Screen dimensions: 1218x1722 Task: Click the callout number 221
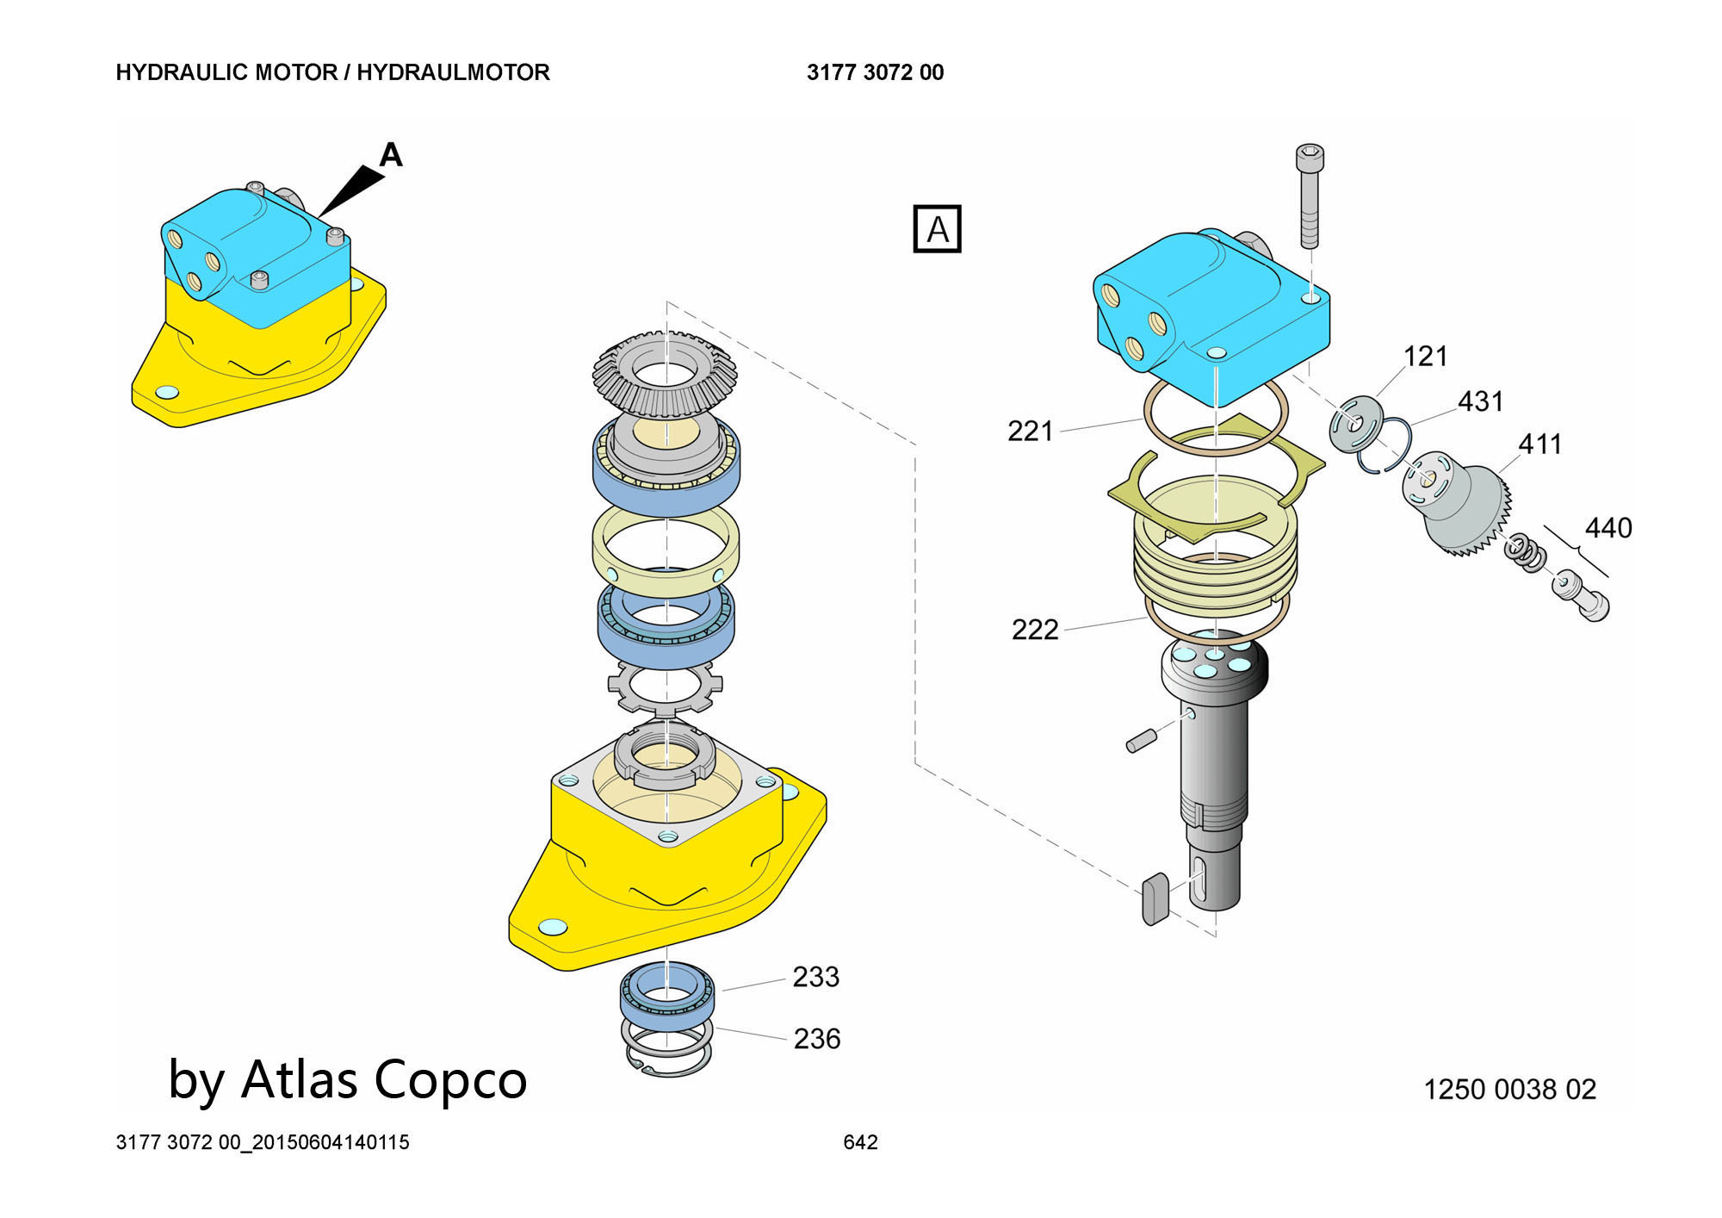click(1030, 431)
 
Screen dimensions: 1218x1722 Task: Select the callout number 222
click(1034, 630)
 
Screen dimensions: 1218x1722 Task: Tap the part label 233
click(815, 977)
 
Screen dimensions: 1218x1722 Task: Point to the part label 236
click(816, 1039)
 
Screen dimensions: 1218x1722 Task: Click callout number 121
click(1425, 356)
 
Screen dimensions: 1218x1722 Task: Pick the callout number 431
click(1480, 401)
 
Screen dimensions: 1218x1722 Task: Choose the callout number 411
click(1539, 444)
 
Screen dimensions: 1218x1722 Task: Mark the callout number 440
click(1607, 527)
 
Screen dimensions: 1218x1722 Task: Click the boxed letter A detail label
click(937, 229)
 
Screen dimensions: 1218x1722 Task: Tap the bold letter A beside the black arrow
click(391, 155)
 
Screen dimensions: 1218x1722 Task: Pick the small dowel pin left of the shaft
click(1140, 741)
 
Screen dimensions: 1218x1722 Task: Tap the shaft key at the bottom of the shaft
click(1155, 898)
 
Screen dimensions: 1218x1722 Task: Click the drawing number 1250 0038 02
click(1509, 1090)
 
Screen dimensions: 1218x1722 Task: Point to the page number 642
click(860, 1142)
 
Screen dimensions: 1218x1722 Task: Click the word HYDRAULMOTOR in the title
click(453, 72)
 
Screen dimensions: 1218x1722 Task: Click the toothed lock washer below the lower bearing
click(665, 687)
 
